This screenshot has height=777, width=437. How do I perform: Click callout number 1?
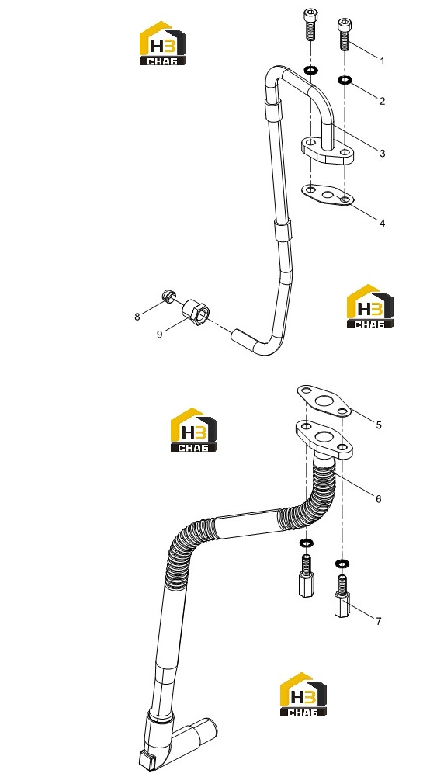(382, 61)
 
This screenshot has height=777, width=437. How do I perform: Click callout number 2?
(382, 101)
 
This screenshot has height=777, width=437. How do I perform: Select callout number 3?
(382, 154)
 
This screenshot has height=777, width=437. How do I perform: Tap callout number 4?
(382, 224)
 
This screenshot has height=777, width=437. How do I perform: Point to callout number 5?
(379, 425)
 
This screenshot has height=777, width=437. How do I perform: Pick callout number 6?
(379, 499)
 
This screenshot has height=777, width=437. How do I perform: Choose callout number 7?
(379, 621)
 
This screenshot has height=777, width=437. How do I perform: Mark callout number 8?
(137, 317)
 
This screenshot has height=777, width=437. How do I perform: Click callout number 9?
(160, 335)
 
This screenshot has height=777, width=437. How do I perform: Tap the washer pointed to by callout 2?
(345, 80)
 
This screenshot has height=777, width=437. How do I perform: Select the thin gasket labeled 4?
(328, 194)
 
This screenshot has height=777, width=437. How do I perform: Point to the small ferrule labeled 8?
(168, 296)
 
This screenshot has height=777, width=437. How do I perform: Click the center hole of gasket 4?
(328, 194)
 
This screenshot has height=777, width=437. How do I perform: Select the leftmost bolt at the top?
(310, 25)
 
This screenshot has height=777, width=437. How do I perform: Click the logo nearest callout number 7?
(303, 694)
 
